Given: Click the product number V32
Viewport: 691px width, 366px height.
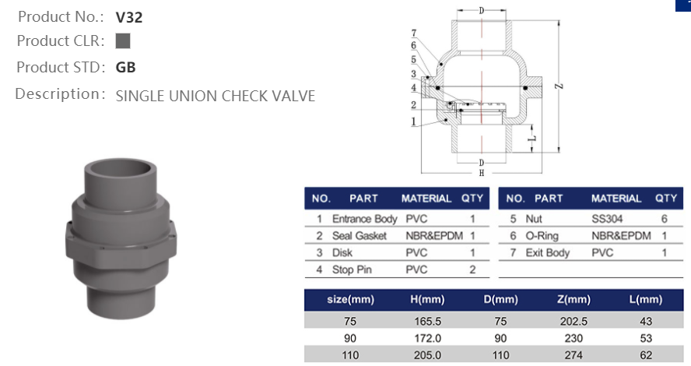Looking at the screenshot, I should coord(128,16).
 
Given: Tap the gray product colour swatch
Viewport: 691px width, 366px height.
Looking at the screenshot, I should coord(122,41).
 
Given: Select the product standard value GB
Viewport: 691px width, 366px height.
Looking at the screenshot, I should coord(125,68).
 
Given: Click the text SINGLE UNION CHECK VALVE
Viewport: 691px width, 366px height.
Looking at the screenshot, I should coord(215,97).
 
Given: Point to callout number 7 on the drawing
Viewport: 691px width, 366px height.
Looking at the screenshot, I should coord(414,33).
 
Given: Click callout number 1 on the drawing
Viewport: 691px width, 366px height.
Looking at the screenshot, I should coord(414,121).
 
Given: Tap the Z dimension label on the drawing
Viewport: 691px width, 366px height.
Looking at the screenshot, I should coord(559,88).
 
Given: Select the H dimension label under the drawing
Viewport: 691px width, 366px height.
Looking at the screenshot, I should coord(481,172).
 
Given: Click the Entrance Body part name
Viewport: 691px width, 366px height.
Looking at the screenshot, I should coord(364,219).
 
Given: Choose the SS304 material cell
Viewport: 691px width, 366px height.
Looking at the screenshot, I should coord(607,219).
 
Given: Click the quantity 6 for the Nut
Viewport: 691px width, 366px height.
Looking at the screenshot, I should coord(664,219).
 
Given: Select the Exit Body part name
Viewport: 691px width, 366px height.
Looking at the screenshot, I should coord(547,252).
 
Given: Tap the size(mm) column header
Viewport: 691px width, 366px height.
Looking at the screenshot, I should coord(349,299).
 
